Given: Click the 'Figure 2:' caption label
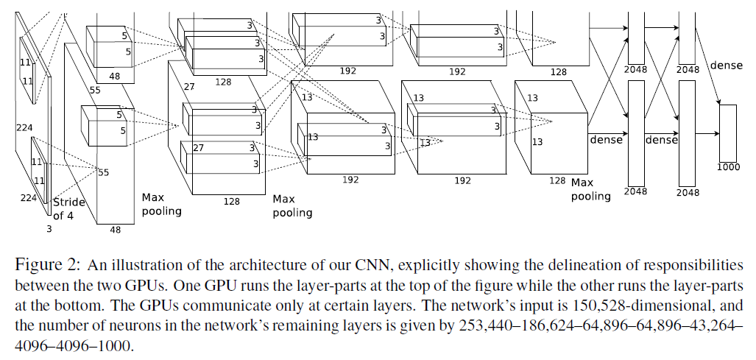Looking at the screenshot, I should (49, 265).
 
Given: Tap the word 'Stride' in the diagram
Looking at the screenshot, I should (71, 202).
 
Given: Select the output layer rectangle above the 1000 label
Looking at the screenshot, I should (727, 133).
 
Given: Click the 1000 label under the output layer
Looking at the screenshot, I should (727, 167).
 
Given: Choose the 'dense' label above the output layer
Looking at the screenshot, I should (726, 65).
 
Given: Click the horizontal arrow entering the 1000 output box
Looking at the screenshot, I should (707, 133).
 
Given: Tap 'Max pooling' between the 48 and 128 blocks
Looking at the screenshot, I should (161, 204).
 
